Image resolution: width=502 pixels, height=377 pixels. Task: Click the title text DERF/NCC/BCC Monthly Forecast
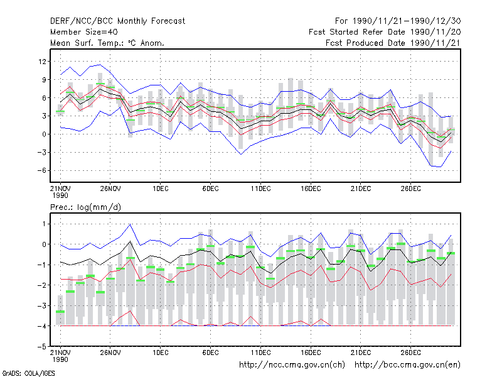click(117, 21)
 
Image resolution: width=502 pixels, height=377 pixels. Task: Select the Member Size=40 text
click(84, 32)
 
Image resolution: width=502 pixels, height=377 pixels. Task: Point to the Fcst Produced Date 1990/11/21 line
click(393, 43)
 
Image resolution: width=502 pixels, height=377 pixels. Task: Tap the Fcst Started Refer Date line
click(385, 32)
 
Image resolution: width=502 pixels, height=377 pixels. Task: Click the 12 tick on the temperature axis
click(42, 61)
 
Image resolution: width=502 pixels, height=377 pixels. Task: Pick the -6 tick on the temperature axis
click(41, 170)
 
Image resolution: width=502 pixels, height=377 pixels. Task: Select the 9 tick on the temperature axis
click(44, 80)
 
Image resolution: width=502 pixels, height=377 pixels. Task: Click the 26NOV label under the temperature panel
click(110, 188)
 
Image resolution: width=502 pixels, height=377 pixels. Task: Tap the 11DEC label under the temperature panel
click(260, 188)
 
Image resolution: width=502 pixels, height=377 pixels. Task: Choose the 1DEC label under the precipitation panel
click(161, 352)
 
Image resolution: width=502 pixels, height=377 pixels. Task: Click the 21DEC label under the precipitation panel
click(361, 352)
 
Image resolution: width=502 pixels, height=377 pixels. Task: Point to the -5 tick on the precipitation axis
click(41, 347)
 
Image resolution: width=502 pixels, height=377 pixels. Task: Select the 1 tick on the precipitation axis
click(44, 224)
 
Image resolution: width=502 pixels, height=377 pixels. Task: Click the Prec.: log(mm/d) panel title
click(85, 207)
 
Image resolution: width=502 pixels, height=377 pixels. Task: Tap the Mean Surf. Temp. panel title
click(107, 43)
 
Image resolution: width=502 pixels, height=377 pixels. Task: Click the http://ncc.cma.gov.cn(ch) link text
click(292, 365)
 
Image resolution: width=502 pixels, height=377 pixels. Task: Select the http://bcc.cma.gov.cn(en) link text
click(407, 365)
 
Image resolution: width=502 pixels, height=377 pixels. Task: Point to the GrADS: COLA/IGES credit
click(28, 373)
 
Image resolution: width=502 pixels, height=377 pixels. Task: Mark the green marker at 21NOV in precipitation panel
click(60, 312)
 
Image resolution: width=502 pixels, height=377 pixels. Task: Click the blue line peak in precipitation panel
click(130, 224)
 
